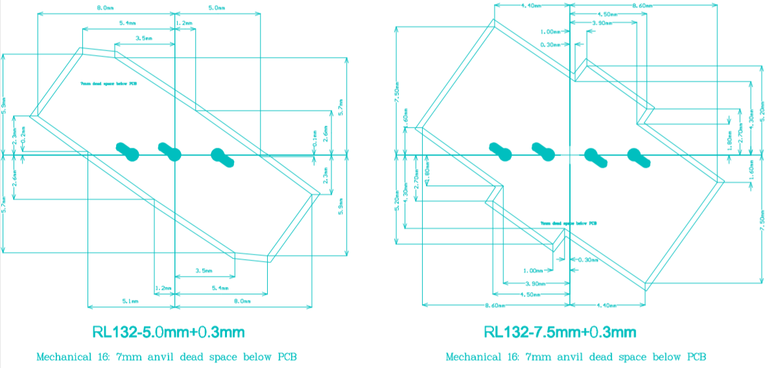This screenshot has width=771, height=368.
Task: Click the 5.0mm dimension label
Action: [217, 8]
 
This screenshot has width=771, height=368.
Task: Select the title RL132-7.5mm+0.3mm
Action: [560, 332]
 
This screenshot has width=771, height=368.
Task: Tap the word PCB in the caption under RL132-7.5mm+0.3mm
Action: [695, 357]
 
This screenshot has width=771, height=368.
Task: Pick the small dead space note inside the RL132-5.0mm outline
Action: [108, 84]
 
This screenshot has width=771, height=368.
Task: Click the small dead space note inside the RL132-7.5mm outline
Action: [569, 223]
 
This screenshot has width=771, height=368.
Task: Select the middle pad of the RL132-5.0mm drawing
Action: [171, 151]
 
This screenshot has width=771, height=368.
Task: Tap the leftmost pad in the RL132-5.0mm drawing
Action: [128, 151]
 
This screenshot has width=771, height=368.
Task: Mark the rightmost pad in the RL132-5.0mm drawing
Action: [222, 156]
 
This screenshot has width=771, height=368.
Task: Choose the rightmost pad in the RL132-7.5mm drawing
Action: [638, 156]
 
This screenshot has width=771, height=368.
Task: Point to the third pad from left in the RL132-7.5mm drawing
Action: [594, 156]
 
